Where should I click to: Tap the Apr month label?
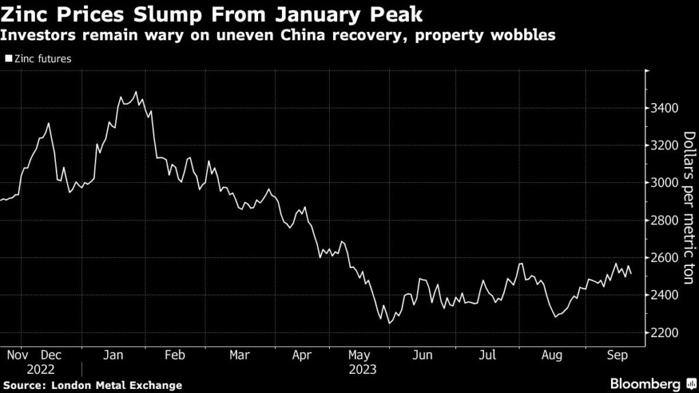[x=301, y=355]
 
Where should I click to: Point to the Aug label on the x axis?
[x=552, y=355]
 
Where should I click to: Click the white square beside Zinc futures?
[x=8, y=59]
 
